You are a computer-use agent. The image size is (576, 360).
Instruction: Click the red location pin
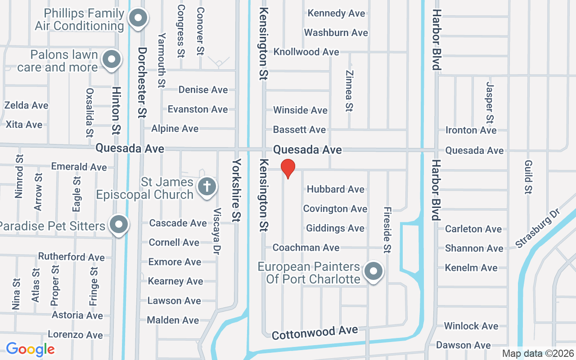[288, 169]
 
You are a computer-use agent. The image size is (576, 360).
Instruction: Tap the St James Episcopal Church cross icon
[207, 185]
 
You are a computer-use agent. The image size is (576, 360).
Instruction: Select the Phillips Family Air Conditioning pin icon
[139, 18]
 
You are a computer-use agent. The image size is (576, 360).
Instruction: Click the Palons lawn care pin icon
[111, 59]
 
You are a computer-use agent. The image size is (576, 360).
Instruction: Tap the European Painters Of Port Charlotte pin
[373, 271]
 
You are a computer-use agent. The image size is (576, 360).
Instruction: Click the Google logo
[30, 349]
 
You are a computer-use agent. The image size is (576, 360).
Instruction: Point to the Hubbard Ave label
[335, 189]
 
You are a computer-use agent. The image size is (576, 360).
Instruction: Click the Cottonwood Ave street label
[315, 333]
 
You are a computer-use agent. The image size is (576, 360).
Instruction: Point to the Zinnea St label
[349, 90]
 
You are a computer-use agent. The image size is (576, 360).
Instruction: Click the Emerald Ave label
[79, 167]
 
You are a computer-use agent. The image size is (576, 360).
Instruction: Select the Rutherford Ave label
[71, 257]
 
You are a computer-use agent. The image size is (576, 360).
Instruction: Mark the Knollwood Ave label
[306, 52]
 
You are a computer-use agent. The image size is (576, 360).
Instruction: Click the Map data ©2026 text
[537, 353]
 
